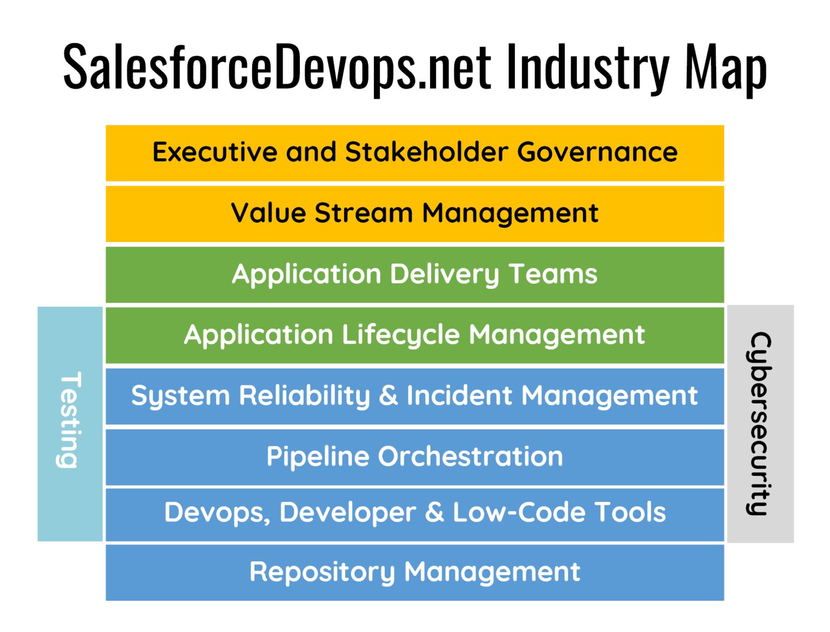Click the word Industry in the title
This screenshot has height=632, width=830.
point(587,68)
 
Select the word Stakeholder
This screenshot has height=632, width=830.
point(426,152)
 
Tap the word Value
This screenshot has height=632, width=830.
point(269,213)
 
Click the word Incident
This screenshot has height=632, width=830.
point(459,395)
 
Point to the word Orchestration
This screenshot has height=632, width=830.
point(470,456)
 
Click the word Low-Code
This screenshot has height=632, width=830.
point(518,512)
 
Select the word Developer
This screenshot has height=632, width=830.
point(347,513)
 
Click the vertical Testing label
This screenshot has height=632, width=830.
point(70,419)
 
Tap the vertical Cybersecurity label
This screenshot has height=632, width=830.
point(760,423)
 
